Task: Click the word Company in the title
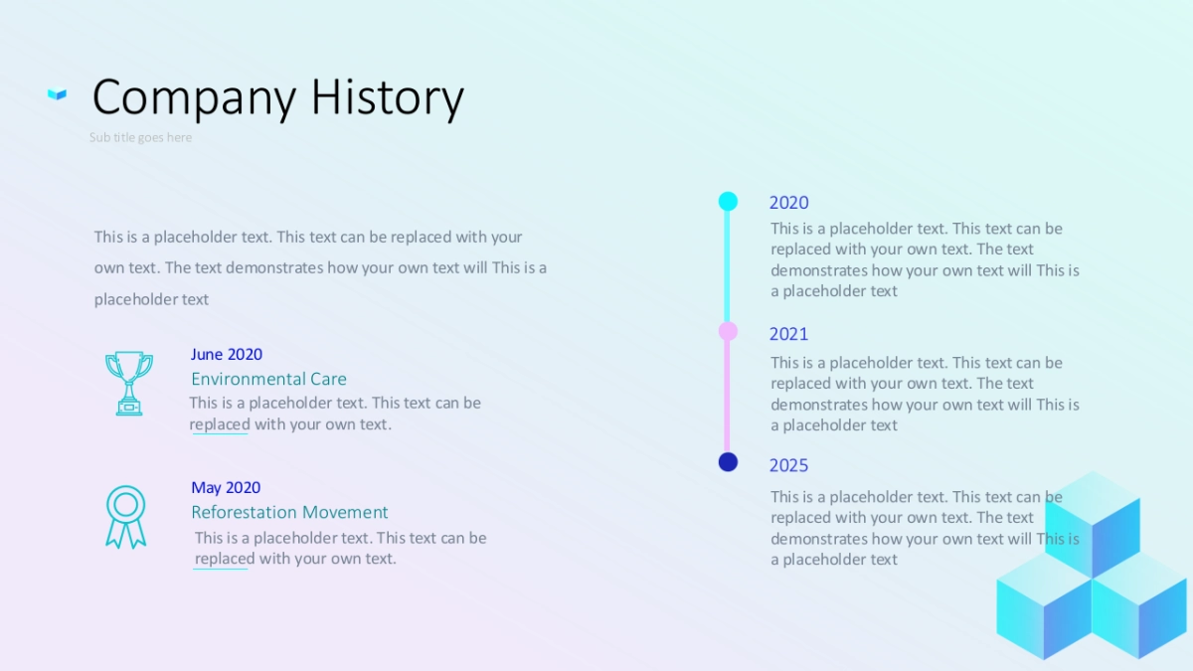pyautogui.click(x=194, y=98)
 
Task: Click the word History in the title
pyautogui.click(x=388, y=98)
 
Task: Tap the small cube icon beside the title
pyautogui.click(x=57, y=93)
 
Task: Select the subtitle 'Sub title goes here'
pyautogui.click(x=140, y=137)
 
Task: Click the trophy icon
pyautogui.click(x=129, y=383)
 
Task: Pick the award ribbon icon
pyautogui.click(x=125, y=517)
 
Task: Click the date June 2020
pyautogui.click(x=227, y=355)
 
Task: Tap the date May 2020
pyautogui.click(x=226, y=488)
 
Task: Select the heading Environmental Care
pyautogui.click(x=269, y=379)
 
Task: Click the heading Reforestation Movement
pyautogui.click(x=289, y=512)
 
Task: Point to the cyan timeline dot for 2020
pyautogui.click(x=728, y=201)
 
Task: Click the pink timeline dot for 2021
pyautogui.click(x=728, y=331)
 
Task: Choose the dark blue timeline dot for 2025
pyautogui.click(x=728, y=461)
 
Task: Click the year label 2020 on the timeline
pyautogui.click(x=788, y=203)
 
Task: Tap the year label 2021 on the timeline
pyautogui.click(x=788, y=334)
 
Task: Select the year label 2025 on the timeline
pyautogui.click(x=788, y=466)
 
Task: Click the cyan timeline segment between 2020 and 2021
pyautogui.click(x=727, y=266)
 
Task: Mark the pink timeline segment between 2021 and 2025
pyautogui.click(x=727, y=397)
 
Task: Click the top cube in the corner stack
pyautogui.click(x=1093, y=525)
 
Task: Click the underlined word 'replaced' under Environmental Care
pyautogui.click(x=220, y=425)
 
